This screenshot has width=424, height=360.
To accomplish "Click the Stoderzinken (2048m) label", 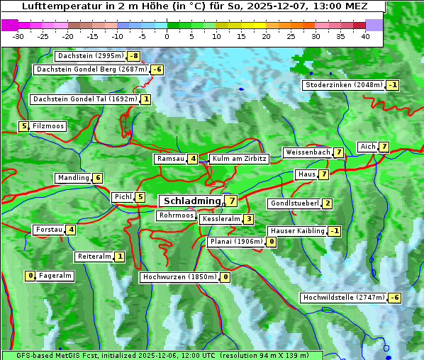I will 344,85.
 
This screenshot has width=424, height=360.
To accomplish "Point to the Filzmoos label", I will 48,126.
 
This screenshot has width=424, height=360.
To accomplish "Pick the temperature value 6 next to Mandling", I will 98,178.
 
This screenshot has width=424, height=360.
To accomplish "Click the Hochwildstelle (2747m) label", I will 343,298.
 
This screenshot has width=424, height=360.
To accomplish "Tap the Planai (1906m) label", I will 236,242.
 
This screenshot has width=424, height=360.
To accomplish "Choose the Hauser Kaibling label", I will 297,231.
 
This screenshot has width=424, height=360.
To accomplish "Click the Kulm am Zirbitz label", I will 239,159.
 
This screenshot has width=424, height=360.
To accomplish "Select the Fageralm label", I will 55,276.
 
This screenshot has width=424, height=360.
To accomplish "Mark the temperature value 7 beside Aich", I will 384,147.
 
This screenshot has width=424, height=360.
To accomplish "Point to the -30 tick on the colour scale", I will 18,35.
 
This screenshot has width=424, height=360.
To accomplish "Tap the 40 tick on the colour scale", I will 365,35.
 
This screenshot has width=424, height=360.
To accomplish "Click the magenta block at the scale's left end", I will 9,25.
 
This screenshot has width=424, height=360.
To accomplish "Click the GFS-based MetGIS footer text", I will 162,354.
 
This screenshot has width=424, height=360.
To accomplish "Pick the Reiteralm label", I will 94,257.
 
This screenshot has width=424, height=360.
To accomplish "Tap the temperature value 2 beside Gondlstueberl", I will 327,204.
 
